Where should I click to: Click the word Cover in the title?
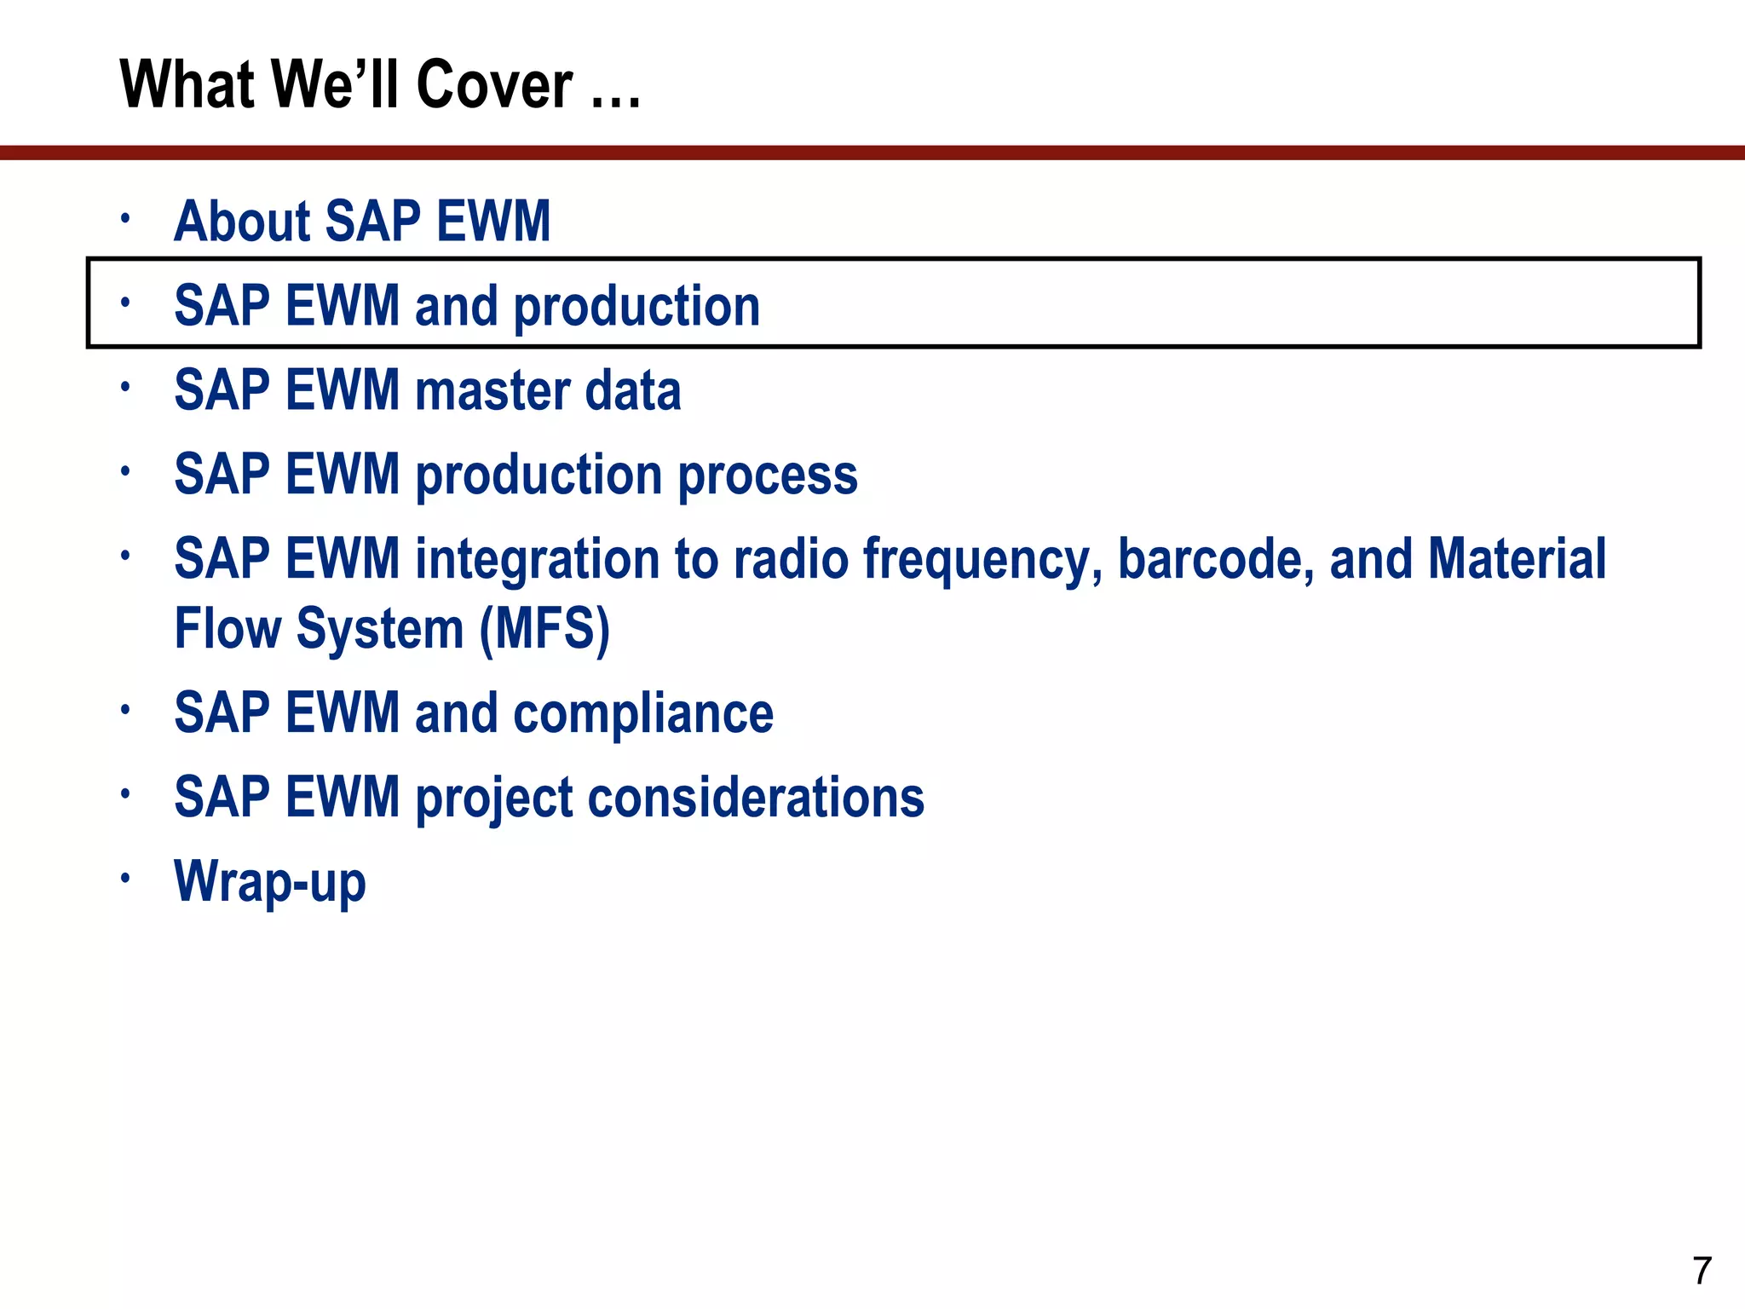(x=494, y=85)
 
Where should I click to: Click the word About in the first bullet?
(x=242, y=222)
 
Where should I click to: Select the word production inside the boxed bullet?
(x=636, y=307)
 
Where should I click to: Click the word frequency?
(x=982, y=560)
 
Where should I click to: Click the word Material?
(x=1517, y=560)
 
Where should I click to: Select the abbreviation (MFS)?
(x=544, y=629)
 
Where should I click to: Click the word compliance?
(x=643, y=713)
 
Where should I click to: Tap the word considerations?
(x=755, y=798)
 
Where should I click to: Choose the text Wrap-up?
(x=270, y=882)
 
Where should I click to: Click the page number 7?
(x=1702, y=1271)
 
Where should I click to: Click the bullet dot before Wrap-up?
(x=124, y=877)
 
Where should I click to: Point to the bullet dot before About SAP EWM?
(x=124, y=217)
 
